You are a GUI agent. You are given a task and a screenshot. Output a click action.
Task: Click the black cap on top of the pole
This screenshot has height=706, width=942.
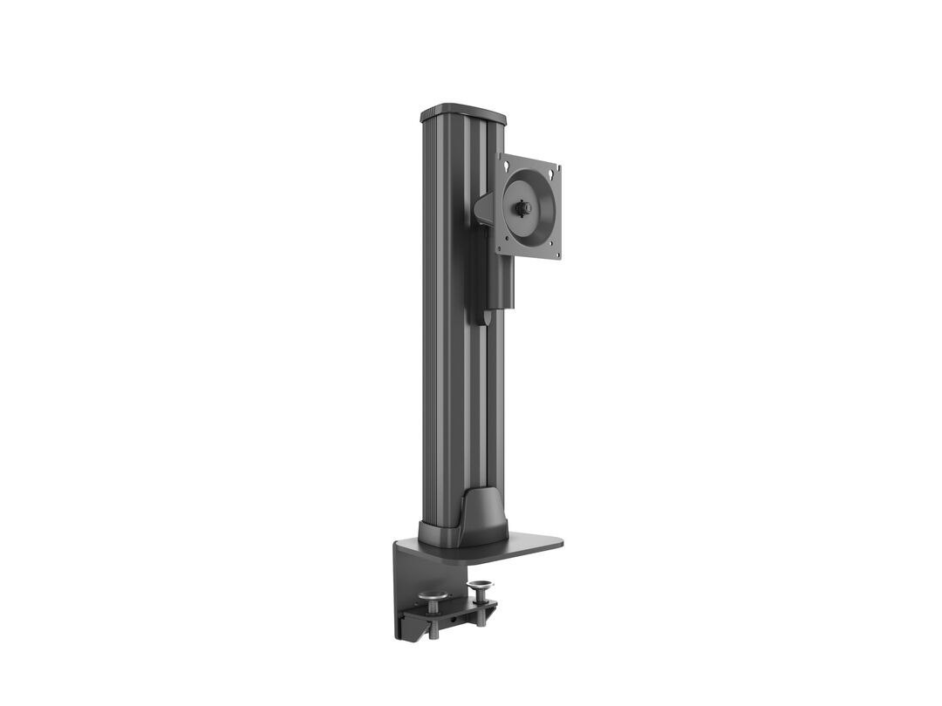click(463, 114)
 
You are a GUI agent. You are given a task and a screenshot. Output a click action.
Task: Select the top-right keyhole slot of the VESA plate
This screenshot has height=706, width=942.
click(552, 171)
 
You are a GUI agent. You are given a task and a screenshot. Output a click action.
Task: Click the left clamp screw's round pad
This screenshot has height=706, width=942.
click(433, 596)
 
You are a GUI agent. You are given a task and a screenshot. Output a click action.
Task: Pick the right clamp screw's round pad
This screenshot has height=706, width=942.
click(479, 587)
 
